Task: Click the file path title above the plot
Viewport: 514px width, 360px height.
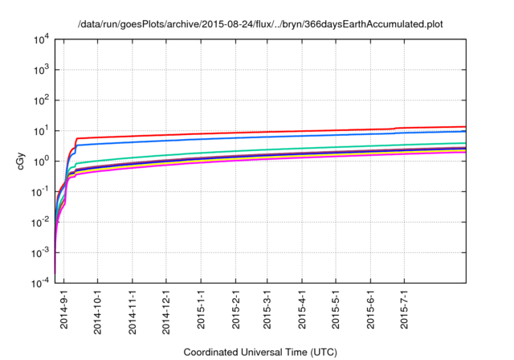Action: (x=260, y=24)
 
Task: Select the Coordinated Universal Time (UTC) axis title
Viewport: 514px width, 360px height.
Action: (x=259, y=352)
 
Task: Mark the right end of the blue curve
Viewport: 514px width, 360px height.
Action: (x=465, y=131)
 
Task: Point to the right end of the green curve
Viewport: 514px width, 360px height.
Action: (x=465, y=143)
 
